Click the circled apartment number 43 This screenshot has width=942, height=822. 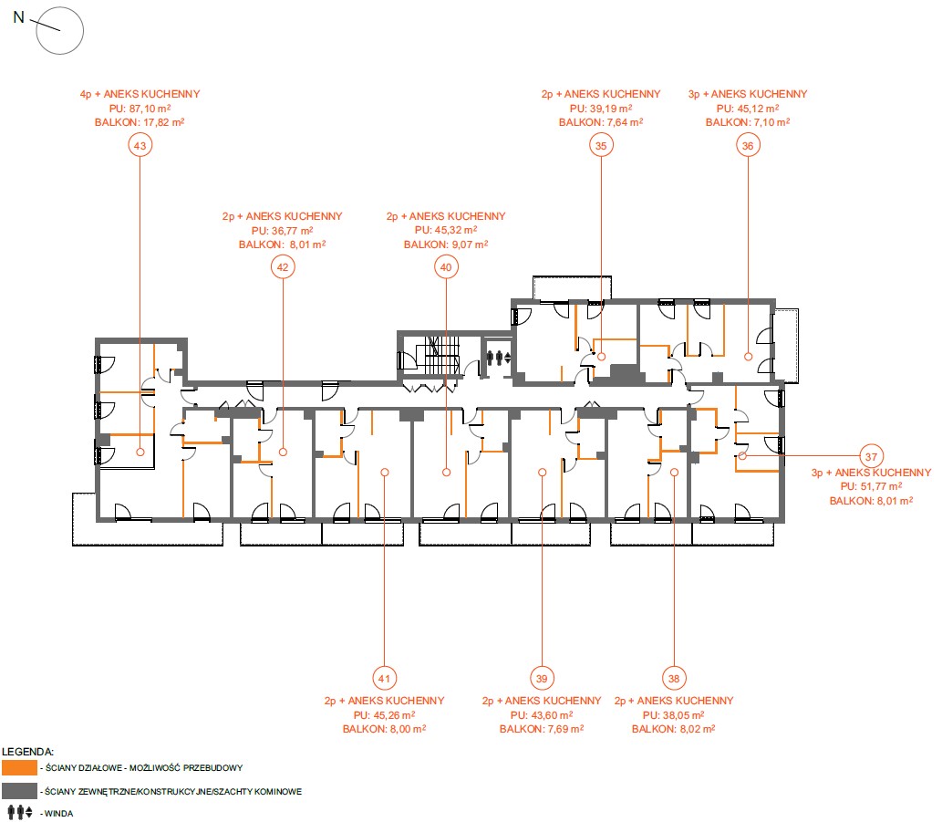pyautogui.click(x=140, y=145)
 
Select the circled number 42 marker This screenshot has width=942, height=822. pyautogui.click(x=283, y=267)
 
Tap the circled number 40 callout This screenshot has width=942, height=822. pyautogui.click(x=446, y=267)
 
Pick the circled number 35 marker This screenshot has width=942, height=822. pyautogui.click(x=601, y=145)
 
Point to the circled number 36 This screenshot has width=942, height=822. pyautogui.click(x=748, y=145)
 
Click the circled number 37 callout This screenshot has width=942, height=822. pyautogui.click(x=871, y=457)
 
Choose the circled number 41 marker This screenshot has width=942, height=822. pyautogui.click(x=385, y=679)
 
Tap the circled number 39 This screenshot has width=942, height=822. pyautogui.click(x=542, y=679)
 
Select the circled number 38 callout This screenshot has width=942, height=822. pyautogui.click(x=674, y=679)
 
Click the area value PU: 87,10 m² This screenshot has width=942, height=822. pyautogui.click(x=140, y=109)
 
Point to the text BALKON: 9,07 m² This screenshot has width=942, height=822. pyautogui.click(x=446, y=245)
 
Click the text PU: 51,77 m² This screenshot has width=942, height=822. pyautogui.click(x=871, y=486)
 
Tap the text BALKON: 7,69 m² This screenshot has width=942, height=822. pyautogui.click(x=542, y=729)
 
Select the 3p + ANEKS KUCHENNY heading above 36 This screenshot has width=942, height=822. pyautogui.click(x=748, y=94)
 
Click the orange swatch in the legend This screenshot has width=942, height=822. pyautogui.click(x=19, y=768)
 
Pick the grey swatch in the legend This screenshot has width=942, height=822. pyautogui.click(x=19, y=791)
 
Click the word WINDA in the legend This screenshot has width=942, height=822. pyautogui.click(x=59, y=814)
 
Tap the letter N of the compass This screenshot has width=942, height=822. pyautogui.click(x=18, y=17)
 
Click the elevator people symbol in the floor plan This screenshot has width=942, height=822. pyautogui.click(x=499, y=358)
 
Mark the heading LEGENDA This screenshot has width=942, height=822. pyautogui.click(x=27, y=752)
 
